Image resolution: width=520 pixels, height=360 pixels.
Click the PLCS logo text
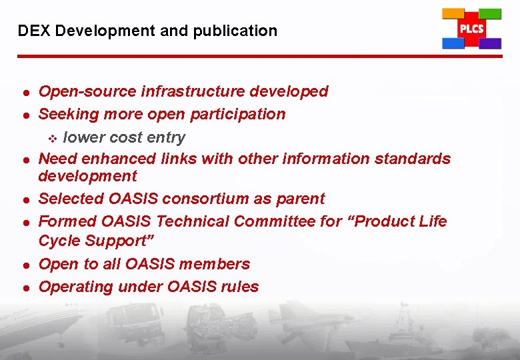pyautogui.click(x=471, y=29)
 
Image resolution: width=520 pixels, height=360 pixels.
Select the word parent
pyautogui.click(x=301, y=199)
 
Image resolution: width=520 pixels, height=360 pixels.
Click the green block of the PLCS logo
pyautogui.click(x=490, y=13)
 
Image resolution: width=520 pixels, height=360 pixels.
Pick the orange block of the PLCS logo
pyautogui.click(x=453, y=14)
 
